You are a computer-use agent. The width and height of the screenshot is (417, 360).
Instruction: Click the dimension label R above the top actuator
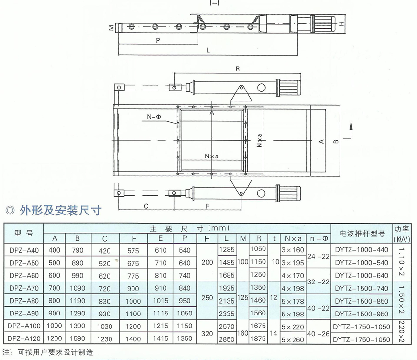point(238,69)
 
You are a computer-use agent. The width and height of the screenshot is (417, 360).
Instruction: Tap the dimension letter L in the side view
point(208,50)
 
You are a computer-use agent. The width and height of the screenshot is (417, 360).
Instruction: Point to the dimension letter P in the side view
point(158,41)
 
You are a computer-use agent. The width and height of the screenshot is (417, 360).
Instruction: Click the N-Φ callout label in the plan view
point(154,117)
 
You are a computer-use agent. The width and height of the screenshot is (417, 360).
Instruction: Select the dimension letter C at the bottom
point(146,206)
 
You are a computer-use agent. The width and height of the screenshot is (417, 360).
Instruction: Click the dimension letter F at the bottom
point(208,206)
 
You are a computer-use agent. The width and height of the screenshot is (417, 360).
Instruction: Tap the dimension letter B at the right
point(336,141)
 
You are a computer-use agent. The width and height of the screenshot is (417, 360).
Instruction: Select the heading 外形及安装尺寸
point(61,210)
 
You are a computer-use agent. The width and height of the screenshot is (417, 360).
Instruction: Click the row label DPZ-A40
point(24,250)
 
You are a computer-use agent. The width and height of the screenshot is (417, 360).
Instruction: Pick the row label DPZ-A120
point(24,339)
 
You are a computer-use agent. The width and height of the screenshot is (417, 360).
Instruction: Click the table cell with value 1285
point(227,250)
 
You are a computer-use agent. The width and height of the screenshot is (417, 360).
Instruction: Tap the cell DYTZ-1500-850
point(362,301)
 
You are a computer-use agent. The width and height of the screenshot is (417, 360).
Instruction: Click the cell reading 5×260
point(293,340)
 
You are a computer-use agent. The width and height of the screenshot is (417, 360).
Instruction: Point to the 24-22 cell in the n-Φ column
point(318,257)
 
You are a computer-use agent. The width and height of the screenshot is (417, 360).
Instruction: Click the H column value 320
point(207,333)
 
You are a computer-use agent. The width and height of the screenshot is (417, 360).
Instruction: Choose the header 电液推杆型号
point(362,234)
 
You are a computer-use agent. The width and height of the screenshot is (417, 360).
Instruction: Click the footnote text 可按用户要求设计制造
point(55,352)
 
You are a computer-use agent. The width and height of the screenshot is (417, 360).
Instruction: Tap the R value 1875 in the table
point(258,339)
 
